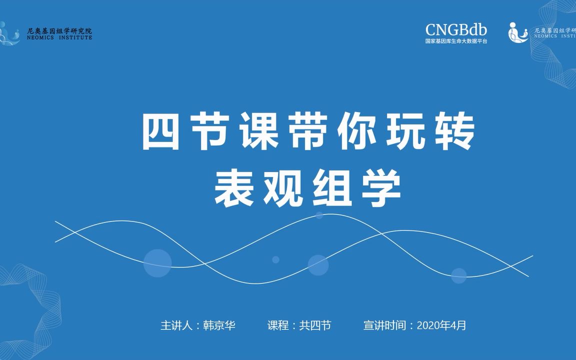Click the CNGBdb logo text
pyautogui.click(x=456, y=29)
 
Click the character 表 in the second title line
pyautogui.click(x=233, y=188)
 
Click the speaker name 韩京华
pyautogui.click(x=219, y=325)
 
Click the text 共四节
pyautogui.click(x=315, y=325)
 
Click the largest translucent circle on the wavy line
pyautogui.click(x=157, y=263)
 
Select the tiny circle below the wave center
pyautogui.click(x=275, y=259)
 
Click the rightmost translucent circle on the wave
pyautogui.click(x=458, y=275)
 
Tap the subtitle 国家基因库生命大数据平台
pyautogui.click(x=456, y=41)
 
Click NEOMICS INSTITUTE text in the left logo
pyautogui.click(x=59, y=37)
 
